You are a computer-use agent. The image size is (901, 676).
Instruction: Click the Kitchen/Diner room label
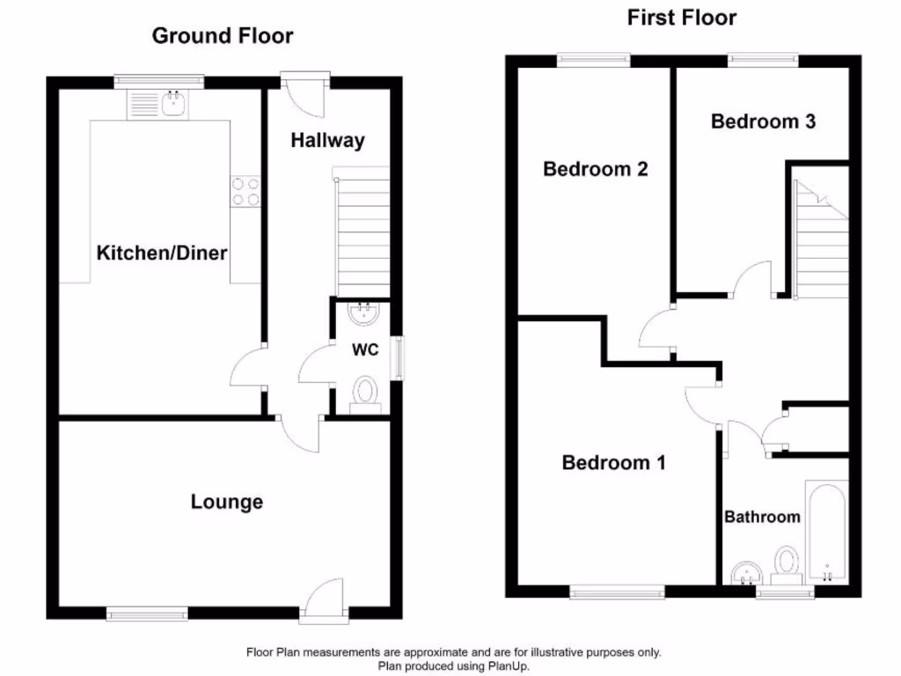[161, 253]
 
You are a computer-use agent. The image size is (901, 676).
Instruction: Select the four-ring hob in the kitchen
[245, 191]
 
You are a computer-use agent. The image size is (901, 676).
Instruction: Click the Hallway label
[327, 140]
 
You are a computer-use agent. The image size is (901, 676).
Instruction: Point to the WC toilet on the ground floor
[364, 392]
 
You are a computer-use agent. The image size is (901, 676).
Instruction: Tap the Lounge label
[227, 502]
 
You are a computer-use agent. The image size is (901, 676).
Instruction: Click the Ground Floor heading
[223, 36]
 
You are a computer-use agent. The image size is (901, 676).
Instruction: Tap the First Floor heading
[682, 18]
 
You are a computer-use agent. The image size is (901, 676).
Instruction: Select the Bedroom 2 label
[596, 169]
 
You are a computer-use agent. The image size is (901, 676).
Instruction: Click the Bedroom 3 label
[763, 121]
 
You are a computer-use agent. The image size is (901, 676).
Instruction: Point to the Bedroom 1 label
[614, 462]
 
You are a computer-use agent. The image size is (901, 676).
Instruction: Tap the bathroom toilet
[786, 563]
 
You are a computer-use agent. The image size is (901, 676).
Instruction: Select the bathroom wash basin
[746, 573]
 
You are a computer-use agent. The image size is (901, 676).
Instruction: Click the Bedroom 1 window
[617, 592]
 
